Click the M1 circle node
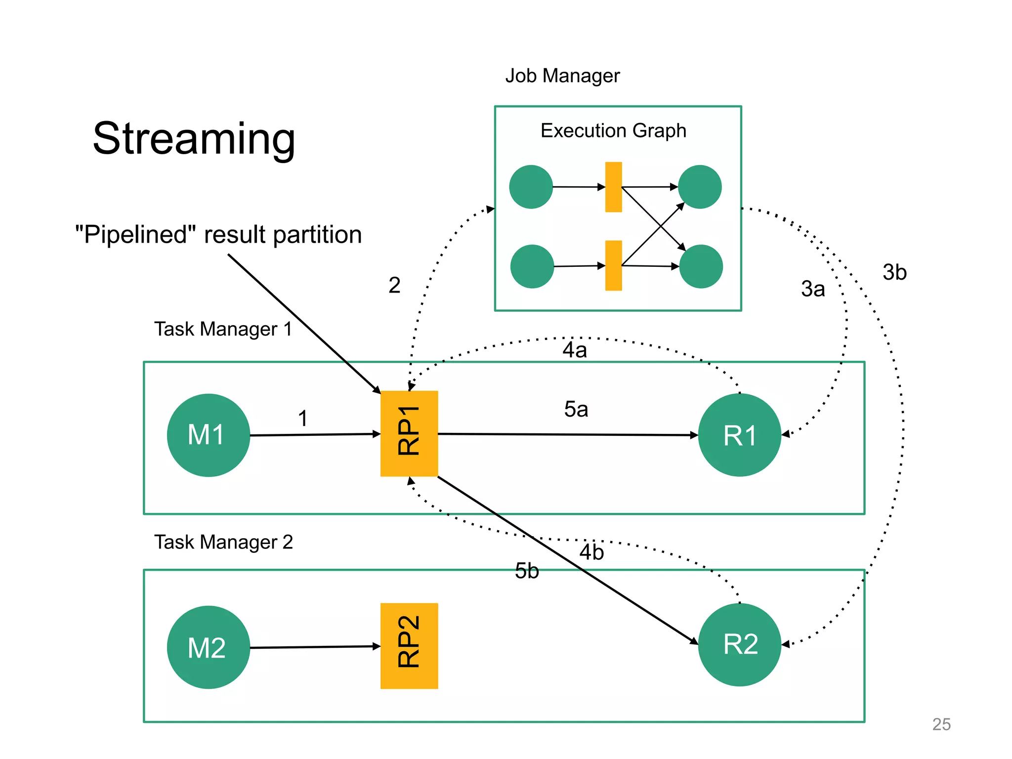208,435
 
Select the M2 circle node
208,647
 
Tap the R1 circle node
739,435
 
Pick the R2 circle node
739,644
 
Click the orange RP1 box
409,433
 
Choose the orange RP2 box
409,645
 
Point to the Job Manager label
562,76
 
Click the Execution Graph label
613,130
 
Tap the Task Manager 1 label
223,329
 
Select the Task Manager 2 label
223,542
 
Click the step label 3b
894,272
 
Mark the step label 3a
813,289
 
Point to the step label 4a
575,350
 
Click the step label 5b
527,571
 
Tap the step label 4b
591,552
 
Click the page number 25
941,724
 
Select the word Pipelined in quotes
135,234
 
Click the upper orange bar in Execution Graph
613,187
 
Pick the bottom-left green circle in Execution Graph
532,266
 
